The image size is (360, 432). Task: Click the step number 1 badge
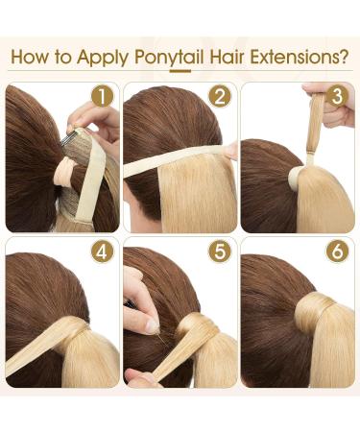[x=102, y=97]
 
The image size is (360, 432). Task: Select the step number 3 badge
[x=336, y=97]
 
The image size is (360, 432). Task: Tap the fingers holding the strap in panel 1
[x=91, y=120]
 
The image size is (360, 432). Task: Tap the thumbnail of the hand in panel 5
[x=153, y=325]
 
